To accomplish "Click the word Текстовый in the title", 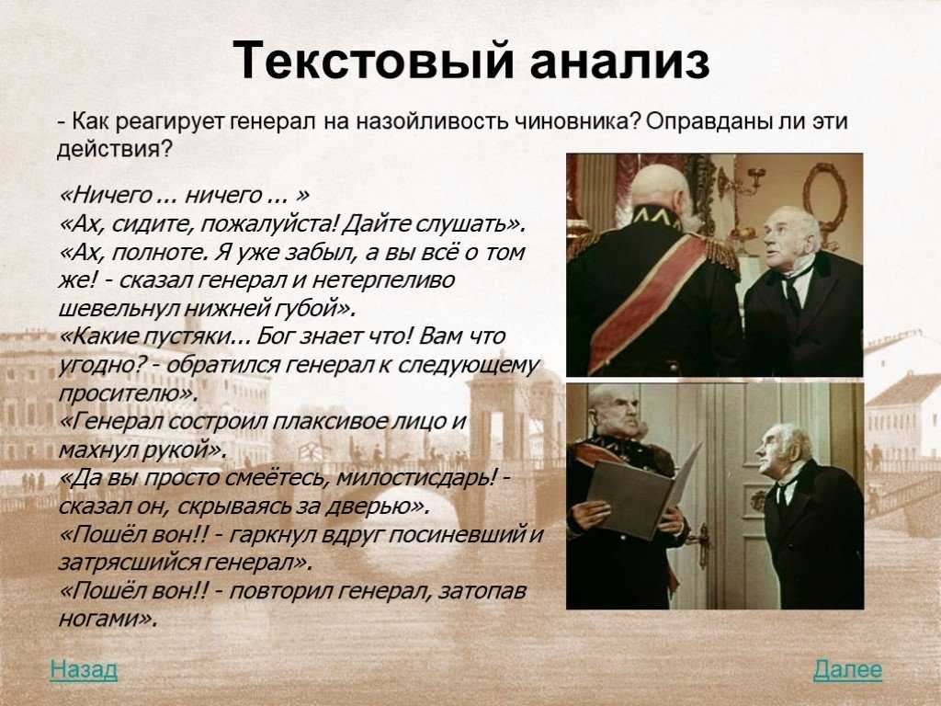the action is tap(373, 60).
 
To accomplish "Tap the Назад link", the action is tap(84, 669).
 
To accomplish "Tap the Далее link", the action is tap(847, 669).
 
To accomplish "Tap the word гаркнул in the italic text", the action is tap(272, 534).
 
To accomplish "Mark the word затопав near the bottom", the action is tap(482, 591).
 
